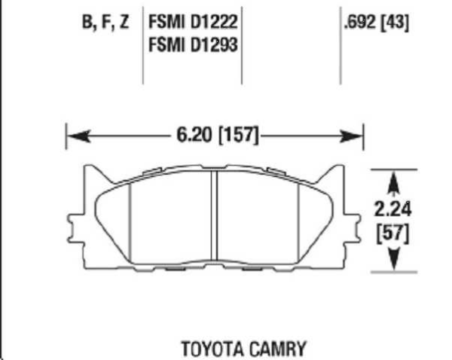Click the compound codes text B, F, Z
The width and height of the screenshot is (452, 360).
(x=105, y=22)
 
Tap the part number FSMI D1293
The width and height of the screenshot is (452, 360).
(x=194, y=44)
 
